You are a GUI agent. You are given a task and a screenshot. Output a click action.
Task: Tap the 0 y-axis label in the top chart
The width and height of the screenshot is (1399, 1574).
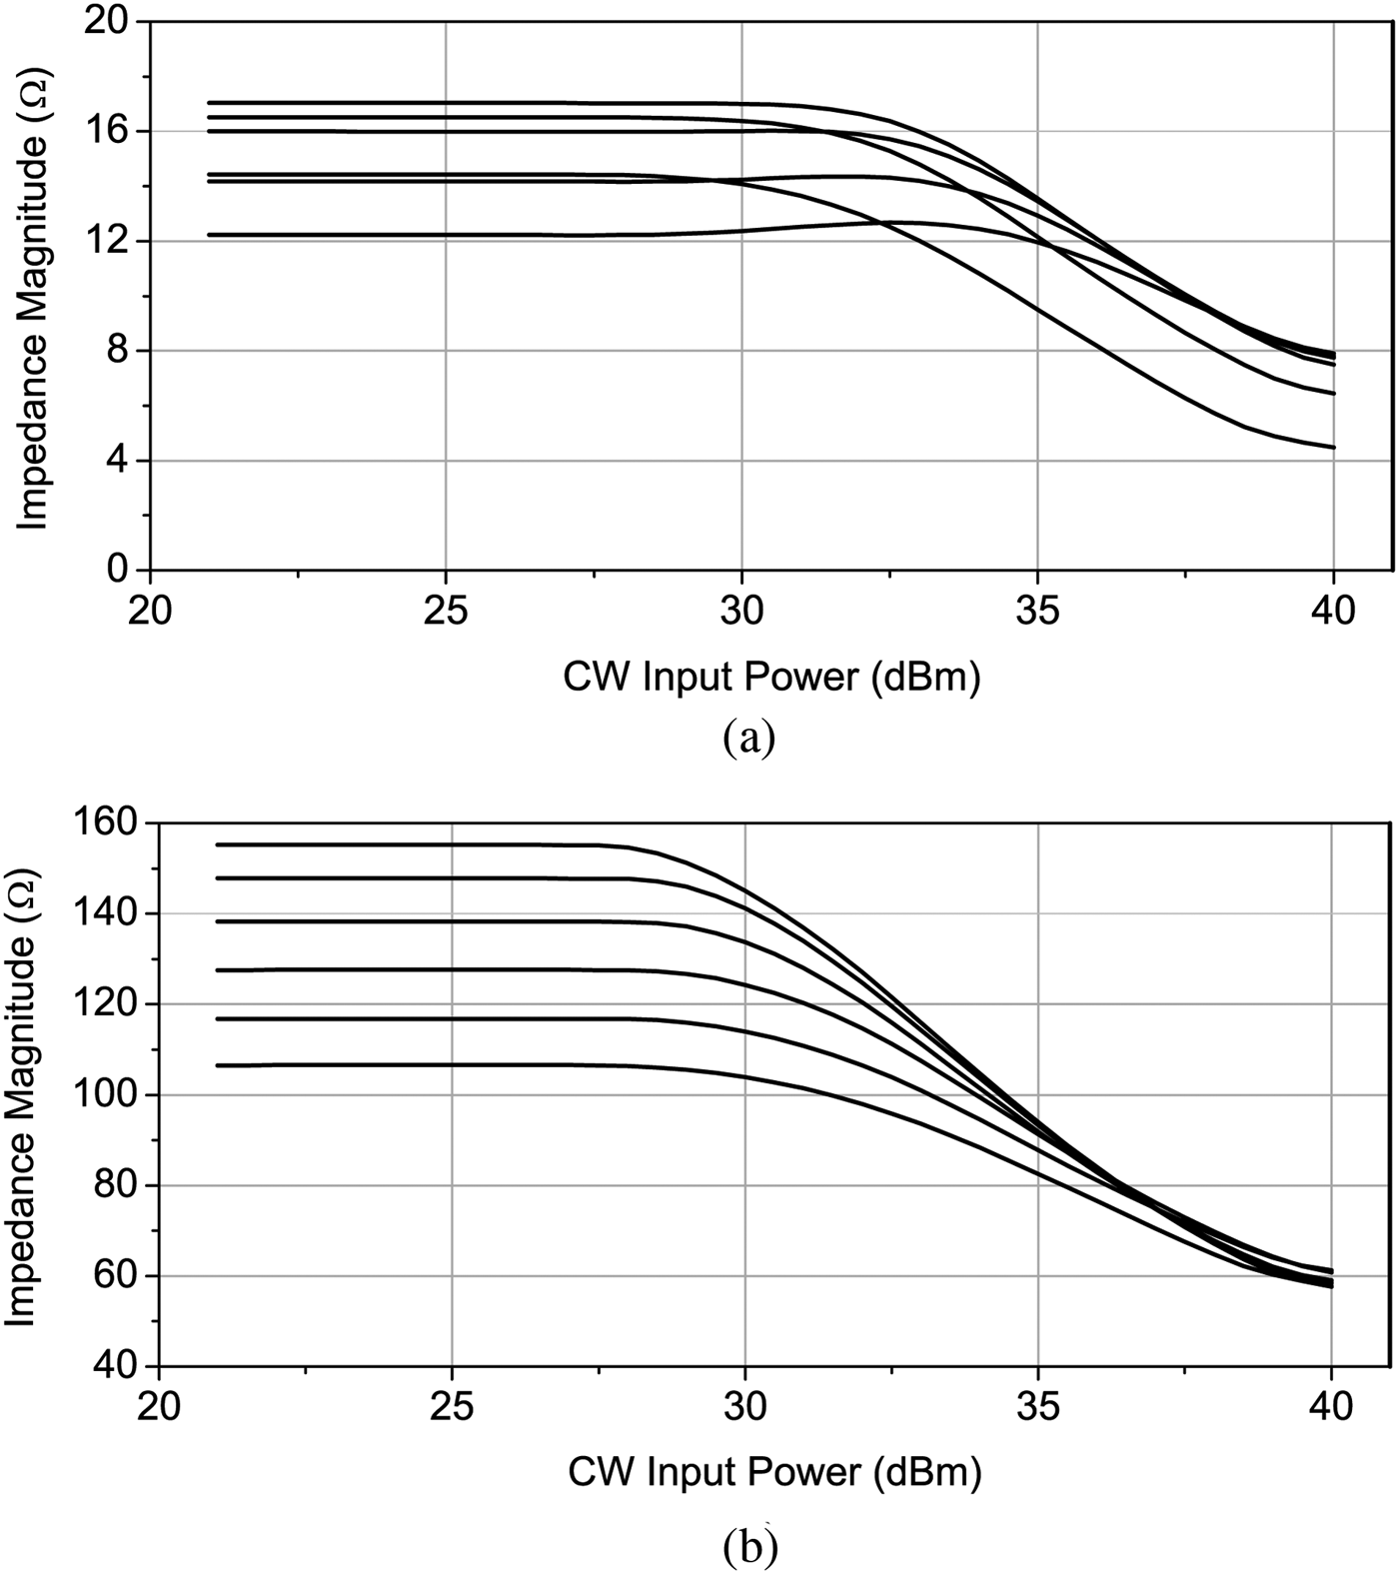pyautogui.click(x=118, y=570)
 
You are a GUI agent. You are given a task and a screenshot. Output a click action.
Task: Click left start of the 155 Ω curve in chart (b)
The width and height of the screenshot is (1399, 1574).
pyautogui.click(x=217, y=844)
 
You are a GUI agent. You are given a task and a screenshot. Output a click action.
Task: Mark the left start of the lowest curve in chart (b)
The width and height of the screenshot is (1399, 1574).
pyautogui.click(x=217, y=1065)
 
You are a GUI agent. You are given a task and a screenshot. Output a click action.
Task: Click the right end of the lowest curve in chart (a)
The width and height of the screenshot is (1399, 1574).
pyautogui.click(x=1333, y=448)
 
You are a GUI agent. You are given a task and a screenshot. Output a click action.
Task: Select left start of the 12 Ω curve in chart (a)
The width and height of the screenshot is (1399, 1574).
pyautogui.click(x=209, y=235)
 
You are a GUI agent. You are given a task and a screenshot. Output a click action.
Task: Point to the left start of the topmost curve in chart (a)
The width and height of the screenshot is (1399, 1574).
pyautogui.click(x=209, y=102)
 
